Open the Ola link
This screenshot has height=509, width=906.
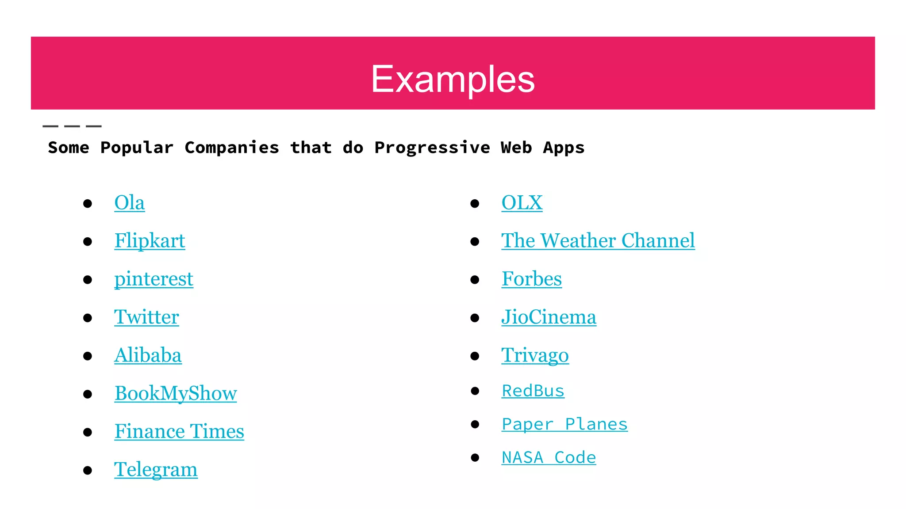pos(129,203)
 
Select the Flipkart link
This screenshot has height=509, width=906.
pos(150,241)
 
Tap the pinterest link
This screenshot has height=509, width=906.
pos(154,279)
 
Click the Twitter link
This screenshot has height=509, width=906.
pos(146,317)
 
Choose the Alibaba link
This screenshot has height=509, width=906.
pos(148,355)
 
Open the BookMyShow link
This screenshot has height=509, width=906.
pos(176,393)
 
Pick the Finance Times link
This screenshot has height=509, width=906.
pos(179,431)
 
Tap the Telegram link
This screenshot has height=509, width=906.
pos(156,469)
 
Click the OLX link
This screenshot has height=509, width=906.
pos(522,203)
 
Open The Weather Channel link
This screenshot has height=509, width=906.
pos(598,241)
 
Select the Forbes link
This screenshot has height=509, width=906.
pos(531,279)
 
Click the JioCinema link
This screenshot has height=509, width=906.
pos(549,317)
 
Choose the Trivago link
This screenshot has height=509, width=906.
pos(535,355)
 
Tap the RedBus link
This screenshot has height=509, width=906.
pos(533,391)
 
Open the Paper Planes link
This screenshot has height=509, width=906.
pos(564,424)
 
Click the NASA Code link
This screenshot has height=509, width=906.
pos(549,457)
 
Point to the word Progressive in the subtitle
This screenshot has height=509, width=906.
pos(432,148)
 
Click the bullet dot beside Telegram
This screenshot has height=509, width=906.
pos(88,470)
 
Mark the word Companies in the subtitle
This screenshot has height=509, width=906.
pos(232,148)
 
